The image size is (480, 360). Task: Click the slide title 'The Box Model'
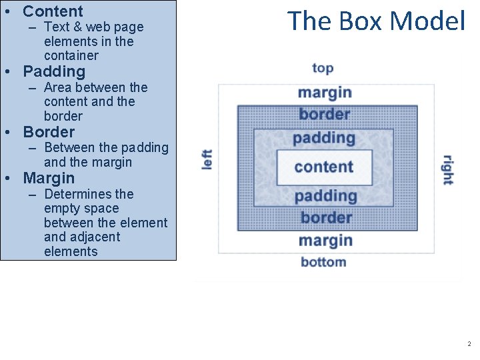[376, 21]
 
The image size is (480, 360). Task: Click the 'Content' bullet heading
[53, 11]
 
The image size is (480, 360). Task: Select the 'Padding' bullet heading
[54, 71]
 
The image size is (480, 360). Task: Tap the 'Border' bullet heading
[49, 132]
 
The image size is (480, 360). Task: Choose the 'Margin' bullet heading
[49, 178]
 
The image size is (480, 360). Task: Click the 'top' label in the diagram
[323, 68]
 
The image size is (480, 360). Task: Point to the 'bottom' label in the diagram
[323, 261]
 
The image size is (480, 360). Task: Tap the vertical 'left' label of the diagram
[207, 160]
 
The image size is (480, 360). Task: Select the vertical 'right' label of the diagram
[447, 169]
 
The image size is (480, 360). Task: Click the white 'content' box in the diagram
[324, 167]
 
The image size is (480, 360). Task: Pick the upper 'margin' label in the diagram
[325, 92]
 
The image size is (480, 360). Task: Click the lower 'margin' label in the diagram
[325, 240]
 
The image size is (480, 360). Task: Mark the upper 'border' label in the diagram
[325, 114]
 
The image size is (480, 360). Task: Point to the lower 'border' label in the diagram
[326, 217]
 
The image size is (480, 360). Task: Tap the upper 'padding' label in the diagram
[325, 138]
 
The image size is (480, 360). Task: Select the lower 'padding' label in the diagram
[325, 195]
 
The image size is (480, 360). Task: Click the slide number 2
[469, 344]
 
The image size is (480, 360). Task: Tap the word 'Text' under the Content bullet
[56, 27]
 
